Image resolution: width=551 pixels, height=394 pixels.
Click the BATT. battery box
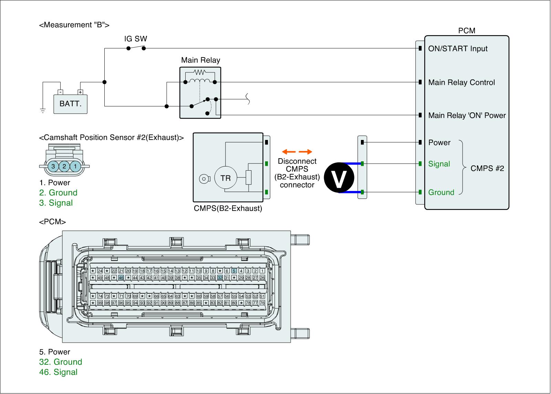[x=70, y=104]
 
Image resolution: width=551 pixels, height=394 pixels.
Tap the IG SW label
[x=136, y=39]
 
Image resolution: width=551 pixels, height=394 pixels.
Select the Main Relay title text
[x=200, y=60]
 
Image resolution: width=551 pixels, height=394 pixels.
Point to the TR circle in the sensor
[x=226, y=178]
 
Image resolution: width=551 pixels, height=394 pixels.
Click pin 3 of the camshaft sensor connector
[x=53, y=166]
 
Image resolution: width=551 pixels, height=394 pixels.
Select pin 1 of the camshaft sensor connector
[x=75, y=166]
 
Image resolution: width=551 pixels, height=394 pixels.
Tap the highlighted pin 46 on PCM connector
[x=121, y=277]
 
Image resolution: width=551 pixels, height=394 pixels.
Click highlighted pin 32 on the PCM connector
[x=220, y=277]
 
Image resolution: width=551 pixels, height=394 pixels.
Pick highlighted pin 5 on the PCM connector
[x=234, y=271]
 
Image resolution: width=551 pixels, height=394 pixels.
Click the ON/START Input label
[x=458, y=49]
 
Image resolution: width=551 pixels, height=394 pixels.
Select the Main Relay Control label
[x=461, y=82]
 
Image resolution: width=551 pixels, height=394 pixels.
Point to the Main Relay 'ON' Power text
[x=467, y=115]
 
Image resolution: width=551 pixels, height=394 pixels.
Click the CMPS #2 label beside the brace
[x=487, y=168]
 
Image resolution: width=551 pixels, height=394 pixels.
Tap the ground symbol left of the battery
[x=43, y=111]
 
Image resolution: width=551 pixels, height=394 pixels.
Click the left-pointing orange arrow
[x=289, y=152]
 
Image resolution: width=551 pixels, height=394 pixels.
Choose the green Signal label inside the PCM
[x=439, y=164]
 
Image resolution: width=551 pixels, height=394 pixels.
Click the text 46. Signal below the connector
[x=58, y=372]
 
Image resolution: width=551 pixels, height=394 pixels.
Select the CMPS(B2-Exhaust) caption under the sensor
[x=228, y=209]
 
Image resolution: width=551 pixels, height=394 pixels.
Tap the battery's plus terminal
[x=80, y=92]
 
